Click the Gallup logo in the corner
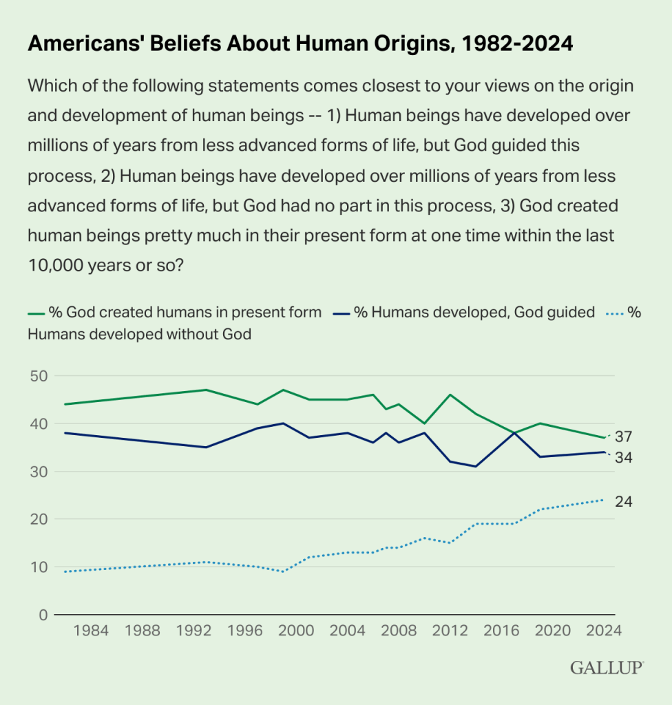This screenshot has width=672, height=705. coord(607,668)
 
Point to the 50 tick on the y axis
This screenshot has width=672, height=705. coord(39,376)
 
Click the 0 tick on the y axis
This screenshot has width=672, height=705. coord(43,615)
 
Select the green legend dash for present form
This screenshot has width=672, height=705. coord(35,313)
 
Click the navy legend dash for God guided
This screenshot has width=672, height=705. coord(341,313)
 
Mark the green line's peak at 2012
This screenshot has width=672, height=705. coord(450,394)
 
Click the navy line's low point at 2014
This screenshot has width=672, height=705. coord(476,466)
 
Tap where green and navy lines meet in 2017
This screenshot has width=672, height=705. coord(514,433)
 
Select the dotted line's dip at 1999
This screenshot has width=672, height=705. coord(283,571)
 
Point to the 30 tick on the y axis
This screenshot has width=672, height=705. coord(39,472)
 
